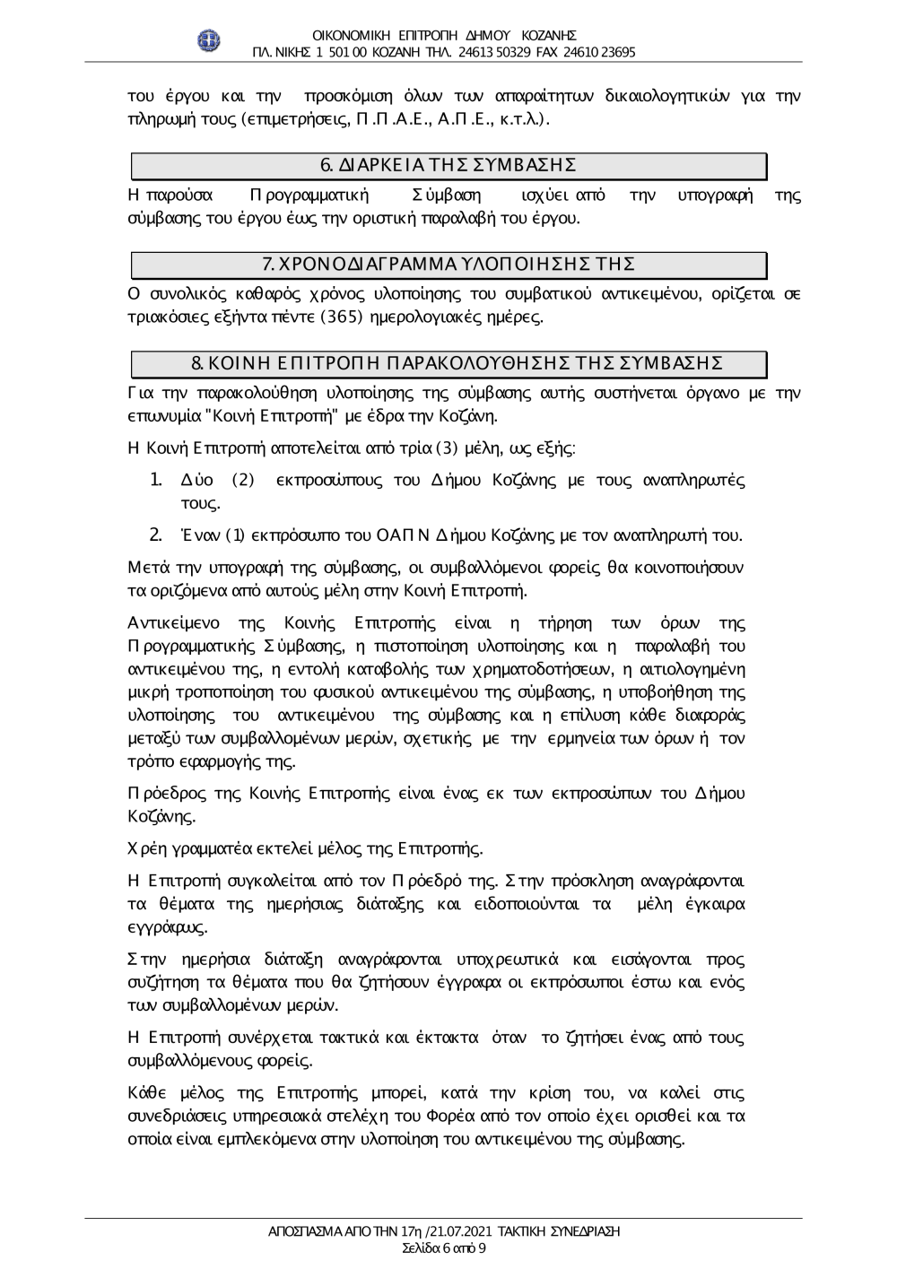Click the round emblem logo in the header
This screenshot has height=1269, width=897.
[x=208, y=39]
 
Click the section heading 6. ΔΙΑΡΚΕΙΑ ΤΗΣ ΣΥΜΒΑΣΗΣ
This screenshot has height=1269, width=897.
[x=448, y=165]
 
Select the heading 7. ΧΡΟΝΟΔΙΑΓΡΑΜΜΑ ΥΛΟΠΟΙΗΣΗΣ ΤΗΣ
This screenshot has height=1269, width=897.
[x=448, y=264]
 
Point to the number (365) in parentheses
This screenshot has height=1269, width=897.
[x=341, y=317]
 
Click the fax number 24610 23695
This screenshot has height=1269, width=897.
[x=600, y=52]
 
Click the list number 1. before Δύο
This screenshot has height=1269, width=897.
[x=155, y=481]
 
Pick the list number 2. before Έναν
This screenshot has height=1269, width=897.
[x=155, y=536]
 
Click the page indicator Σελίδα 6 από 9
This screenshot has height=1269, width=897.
[x=445, y=1247]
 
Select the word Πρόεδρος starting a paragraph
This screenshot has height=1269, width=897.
[x=157, y=793]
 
